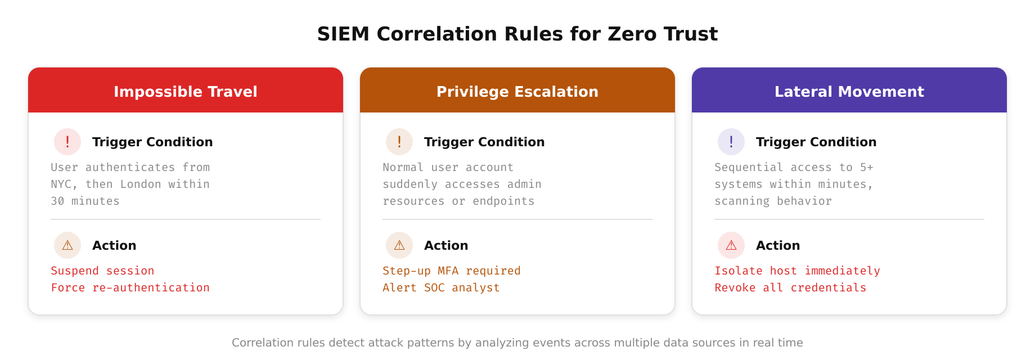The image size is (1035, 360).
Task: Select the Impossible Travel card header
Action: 186,91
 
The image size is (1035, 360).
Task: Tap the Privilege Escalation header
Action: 517,91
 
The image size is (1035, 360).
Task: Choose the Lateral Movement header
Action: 849,91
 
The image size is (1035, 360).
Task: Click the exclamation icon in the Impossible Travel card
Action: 67,142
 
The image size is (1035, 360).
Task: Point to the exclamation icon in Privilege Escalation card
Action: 399,142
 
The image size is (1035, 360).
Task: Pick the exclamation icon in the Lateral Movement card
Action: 731,142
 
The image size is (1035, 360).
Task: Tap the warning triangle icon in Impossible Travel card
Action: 67,245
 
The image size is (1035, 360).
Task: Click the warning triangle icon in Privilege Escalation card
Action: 399,245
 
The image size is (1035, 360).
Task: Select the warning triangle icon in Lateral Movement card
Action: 731,245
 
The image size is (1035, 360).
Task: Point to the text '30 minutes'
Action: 85,201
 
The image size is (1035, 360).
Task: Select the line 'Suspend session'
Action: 102,271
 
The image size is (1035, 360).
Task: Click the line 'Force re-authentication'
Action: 130,287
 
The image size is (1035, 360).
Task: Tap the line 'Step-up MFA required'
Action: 452,271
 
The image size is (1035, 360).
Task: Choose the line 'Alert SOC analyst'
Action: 441,287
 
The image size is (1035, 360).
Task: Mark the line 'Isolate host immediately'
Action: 797,271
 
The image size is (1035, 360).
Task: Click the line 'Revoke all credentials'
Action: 790,287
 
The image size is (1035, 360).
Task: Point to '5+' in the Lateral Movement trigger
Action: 866,167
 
